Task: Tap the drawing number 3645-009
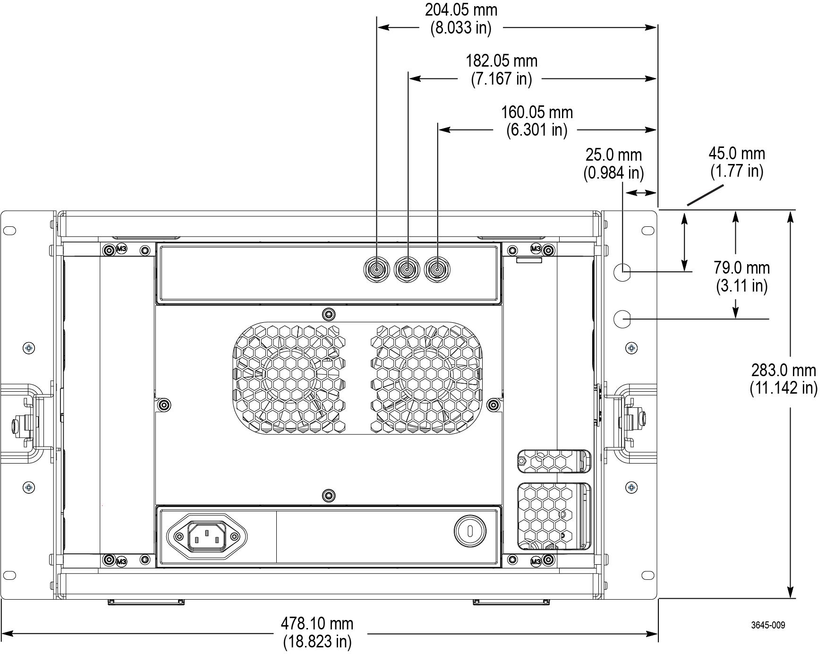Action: pyautogui.click(x=768, y=625)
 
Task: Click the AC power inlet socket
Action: pyautogui.click(x=207, y=536)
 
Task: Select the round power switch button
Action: pyautogui.click(x=470, y=531)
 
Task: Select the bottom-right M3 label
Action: pyautogui.click(x=536, y=561)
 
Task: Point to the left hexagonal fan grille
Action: pyautogui.click(x=289, y=378)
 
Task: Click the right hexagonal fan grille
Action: pyautogui.click(x=426, y=378)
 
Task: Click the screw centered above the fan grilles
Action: pyautogui.click(x=328, y=314)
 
